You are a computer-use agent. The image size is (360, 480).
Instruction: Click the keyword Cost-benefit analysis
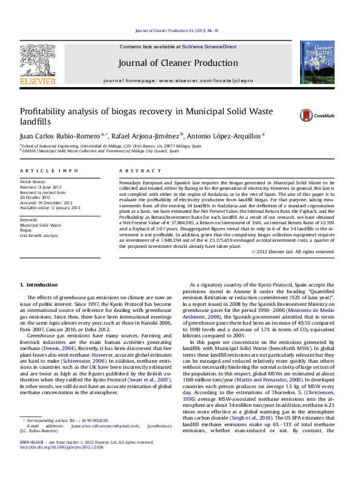[x=39, y=235]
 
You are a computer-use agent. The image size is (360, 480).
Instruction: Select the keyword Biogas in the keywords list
[x=26, y=230]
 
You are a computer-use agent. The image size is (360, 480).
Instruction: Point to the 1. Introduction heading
[x=39, y=284]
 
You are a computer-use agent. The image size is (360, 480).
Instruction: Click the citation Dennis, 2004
[x=77, y=332]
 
